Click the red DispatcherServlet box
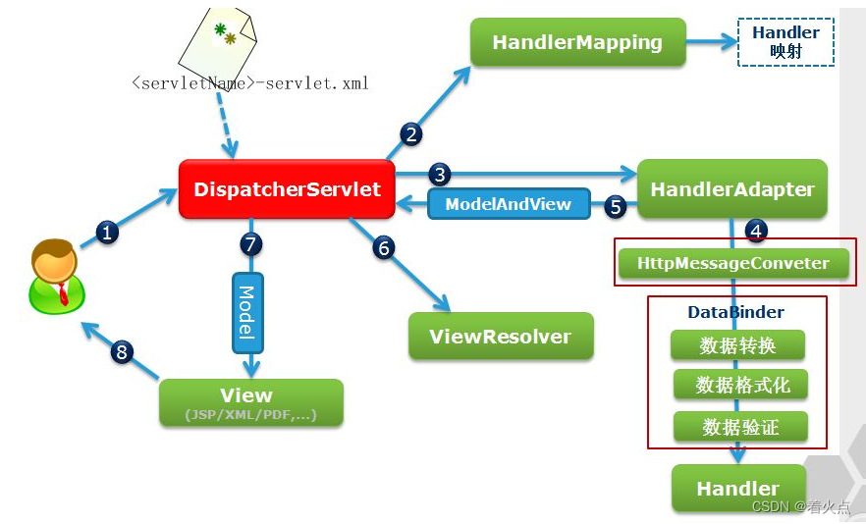[x=287, y=188]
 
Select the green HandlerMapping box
[x=577, y=42]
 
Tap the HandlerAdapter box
[x=732, y=188]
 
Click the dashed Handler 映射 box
[x=785, y=42]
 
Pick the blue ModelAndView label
[x=509, y=204]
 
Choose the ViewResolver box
[x=501, y=337]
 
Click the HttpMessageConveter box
[x=733, y=263]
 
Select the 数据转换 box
[x=737, y=345]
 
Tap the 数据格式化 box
[x=740, y=385]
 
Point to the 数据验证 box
[x=740, y=426]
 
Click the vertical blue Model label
[x=247, y=312]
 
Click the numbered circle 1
[x=107, y=232]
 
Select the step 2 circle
[x=410, y=134]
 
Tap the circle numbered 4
[x=756, y=230]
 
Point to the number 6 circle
[x=384, y=247]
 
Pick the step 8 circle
[x=122, y=351]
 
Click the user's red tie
[x=63, y=293]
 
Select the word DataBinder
[x=735, y=312]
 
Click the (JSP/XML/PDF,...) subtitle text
[x=250, y=414]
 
